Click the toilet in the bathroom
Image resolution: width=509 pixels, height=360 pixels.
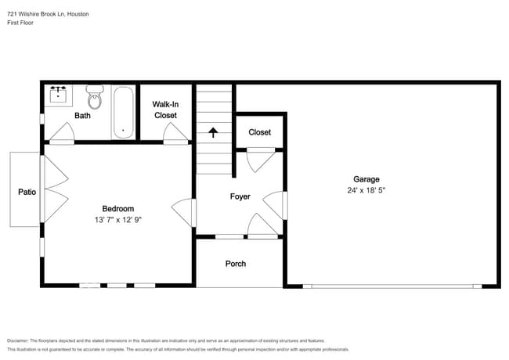pos(95,97)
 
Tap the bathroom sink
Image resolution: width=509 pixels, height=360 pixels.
pos(59,95)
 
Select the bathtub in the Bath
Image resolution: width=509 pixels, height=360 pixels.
pos(124,113)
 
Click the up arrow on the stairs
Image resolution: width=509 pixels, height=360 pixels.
pos(213,132)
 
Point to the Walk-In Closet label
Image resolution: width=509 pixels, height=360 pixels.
pos(165,110)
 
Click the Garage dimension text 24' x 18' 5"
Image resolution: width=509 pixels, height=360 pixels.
pos(366,190)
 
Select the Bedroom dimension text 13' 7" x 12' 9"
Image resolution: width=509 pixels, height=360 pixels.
pos(118,220)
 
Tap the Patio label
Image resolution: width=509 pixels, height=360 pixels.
pos(27,192)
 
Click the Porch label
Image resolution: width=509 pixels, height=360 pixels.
pos(236,264)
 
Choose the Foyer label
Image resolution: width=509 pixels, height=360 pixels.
pos(240,196)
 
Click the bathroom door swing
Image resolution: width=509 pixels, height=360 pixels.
pos(63,134)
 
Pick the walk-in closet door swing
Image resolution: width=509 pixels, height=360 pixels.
pos(175,134)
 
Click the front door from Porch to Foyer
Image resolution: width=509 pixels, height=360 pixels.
pos(263,226)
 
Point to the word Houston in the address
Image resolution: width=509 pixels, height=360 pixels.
pos(78,14)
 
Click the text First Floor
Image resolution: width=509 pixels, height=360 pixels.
pos(20,23)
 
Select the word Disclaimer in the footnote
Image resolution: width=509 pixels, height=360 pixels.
pos(18,341)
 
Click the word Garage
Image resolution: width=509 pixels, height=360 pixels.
pos(366,179)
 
